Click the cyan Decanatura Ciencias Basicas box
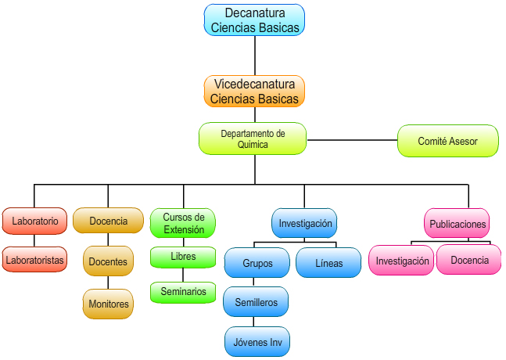click(x=254, y=20)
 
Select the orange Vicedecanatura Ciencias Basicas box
click(x=254, y=91)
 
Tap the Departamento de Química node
click(x=253, y=139)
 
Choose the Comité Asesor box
click(x=447, y=141)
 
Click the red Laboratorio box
click(x=34, y=221)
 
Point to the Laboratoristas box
click(x=34, y=258)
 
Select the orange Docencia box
click(x=108, y=221)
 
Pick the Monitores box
click(x=108, y=304)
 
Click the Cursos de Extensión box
click(x=183, y=222)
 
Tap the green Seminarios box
click(x=183, y=291)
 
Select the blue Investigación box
click(x=305, y=222)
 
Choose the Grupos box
click(x=257, y=263)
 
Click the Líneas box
click(x=328, y=263)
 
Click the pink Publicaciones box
click(x=458, y=223)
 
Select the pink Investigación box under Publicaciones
click(x=402, y=260)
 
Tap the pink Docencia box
click(x=469, y=259)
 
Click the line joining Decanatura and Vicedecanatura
click(x=255, y=55)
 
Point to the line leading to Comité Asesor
click(x=352, y=140)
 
